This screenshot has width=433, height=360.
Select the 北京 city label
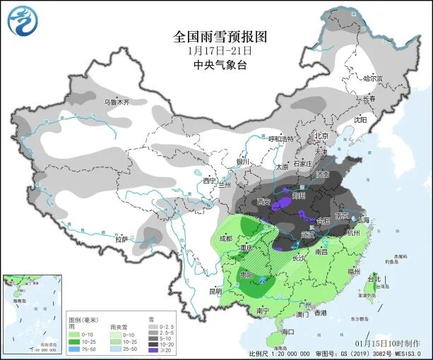[321, 136]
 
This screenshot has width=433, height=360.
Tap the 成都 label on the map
[225, 239]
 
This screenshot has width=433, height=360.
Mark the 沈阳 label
[360, 120]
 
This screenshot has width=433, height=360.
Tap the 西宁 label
[208, 181]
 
